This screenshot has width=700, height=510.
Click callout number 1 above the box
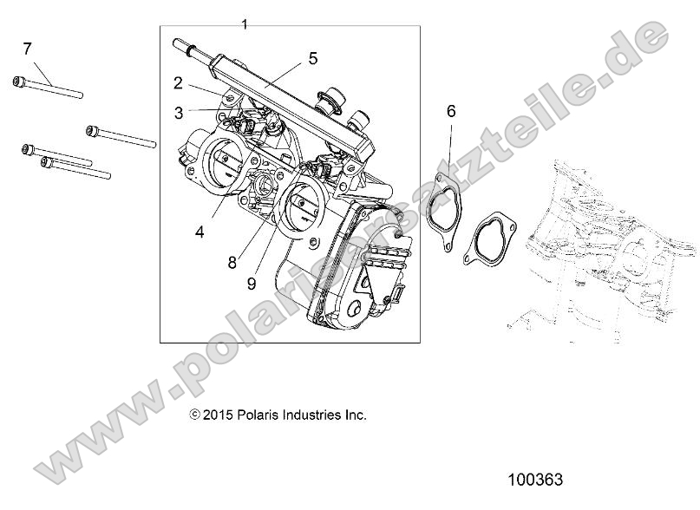coord(245,23)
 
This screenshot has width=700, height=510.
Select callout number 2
coord(178,83)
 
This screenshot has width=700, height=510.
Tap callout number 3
coord(178,112)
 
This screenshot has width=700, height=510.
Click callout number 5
coord(312,58)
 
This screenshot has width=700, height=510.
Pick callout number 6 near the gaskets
coord(451,111)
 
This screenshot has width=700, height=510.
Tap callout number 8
coord(232,262)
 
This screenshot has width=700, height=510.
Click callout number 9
coord(251,282)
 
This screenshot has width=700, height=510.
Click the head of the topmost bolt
coord(19,82)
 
